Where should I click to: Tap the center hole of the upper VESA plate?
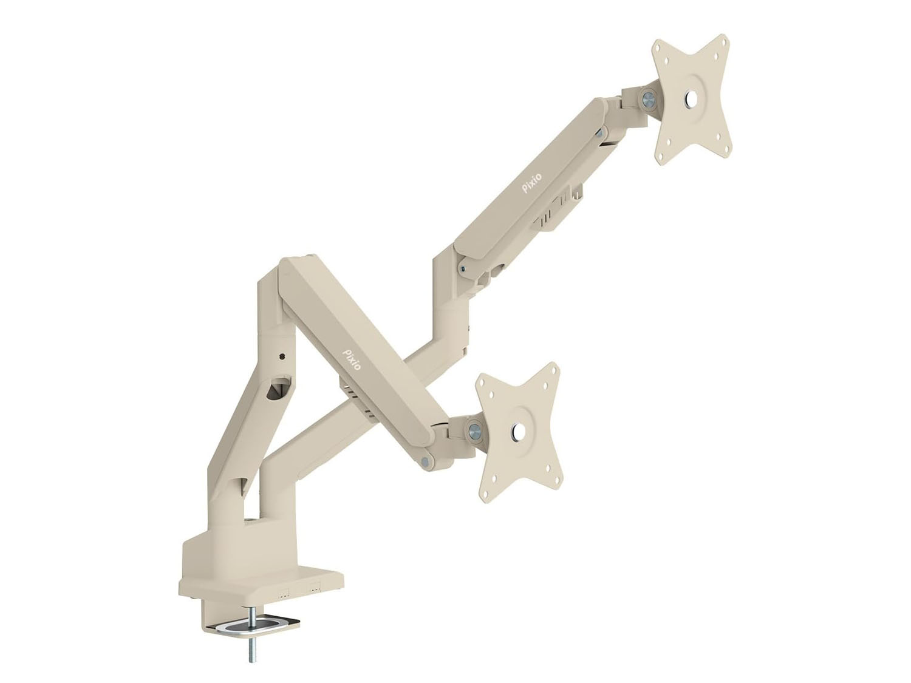(x=690, y=98)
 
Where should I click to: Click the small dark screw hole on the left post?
(x=282, y=345)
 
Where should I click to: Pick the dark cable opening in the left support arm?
(x=275, y=392)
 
